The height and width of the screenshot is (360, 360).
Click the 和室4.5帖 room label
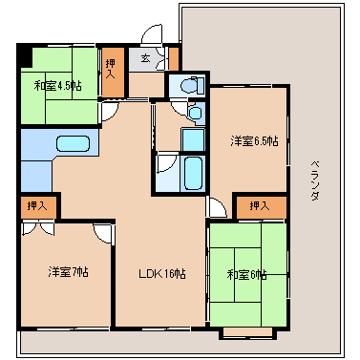click(x=57, y=86)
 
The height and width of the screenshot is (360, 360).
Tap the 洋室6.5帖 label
click(x=254, y=140)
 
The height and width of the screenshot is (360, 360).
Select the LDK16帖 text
click(x=162, y=273)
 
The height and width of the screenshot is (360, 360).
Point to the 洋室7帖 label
click(x=69, y=272)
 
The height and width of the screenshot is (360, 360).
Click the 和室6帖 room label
click(x=246, y=274)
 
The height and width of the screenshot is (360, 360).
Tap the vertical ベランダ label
click(x=315, y=180)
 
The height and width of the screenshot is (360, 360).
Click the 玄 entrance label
click(x=145, y=58)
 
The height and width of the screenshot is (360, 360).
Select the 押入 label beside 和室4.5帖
click(x=111, y=68)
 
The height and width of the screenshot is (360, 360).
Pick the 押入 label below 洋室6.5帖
click(x=260, y=206)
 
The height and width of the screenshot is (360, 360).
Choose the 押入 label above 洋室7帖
click(x=37, y=206)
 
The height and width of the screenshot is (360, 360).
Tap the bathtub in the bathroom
click(x=193, y=173)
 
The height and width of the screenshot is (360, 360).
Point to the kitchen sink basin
click(x=73, y=144)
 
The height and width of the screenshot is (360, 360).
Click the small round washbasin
click(x=195, y=113)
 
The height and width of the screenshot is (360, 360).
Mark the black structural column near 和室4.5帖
click(x=26, y=56)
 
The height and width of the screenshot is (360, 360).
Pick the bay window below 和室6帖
click(x=247, y=332)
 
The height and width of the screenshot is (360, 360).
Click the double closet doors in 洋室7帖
click(x=38, y=227)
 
